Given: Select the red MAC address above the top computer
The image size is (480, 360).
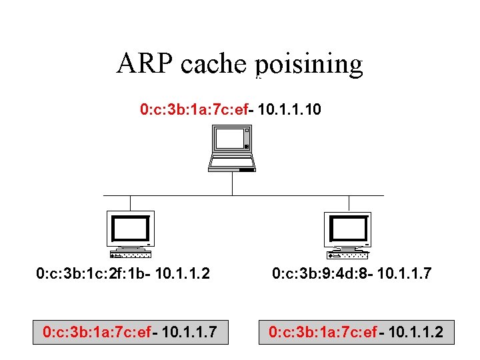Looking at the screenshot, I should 194,108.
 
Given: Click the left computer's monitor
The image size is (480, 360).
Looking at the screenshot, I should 131,229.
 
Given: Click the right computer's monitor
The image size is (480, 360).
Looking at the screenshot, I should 346,229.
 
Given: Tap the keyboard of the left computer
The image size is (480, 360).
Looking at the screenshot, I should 130,255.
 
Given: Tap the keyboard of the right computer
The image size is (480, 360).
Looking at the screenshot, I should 347,255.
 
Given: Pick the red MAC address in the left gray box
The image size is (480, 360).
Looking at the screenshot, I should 96,331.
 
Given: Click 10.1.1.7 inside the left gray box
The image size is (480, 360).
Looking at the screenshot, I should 189,331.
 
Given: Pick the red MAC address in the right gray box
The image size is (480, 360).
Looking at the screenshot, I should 322,331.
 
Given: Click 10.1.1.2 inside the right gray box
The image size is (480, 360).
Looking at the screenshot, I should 415,331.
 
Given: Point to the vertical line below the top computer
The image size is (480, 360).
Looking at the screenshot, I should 232,183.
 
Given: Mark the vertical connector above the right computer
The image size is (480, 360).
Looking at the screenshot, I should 349,203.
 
